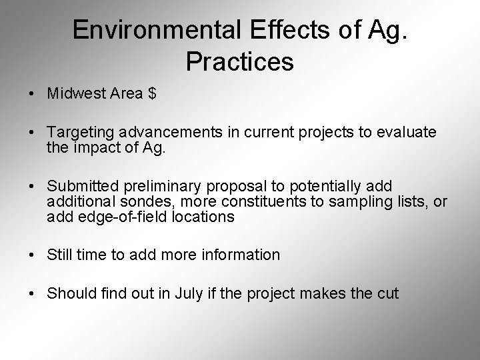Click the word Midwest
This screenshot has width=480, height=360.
click(x=71, y=93)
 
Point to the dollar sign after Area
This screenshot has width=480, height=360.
click(x=153, y=93)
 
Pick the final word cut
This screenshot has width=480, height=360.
click(x=389, y=293)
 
